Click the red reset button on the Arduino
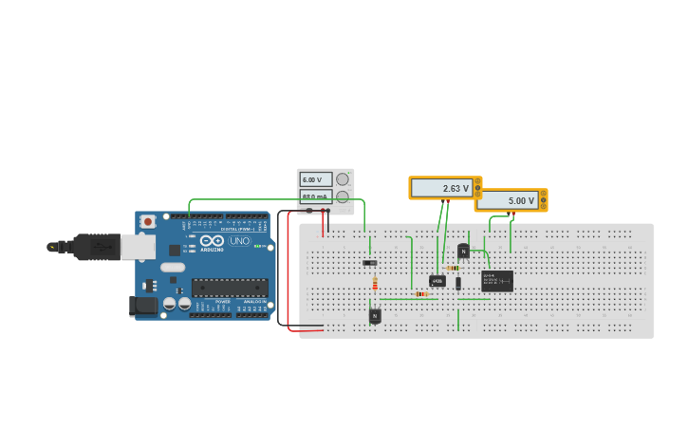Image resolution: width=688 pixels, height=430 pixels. [147, 221]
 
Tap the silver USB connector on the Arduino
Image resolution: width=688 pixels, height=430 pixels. [137, 247]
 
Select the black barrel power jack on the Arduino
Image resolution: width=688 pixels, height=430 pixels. [143, 306]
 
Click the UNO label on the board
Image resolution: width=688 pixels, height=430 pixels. [240, 241]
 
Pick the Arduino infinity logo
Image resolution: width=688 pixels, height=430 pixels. [212, 242]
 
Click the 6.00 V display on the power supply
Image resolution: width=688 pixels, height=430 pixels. [316, 179]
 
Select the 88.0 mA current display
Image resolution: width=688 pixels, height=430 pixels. [316, 196]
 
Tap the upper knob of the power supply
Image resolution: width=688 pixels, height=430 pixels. [343, 179]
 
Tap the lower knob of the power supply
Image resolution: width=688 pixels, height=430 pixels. [343, 196]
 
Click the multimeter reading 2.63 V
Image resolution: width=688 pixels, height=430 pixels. [444, 188]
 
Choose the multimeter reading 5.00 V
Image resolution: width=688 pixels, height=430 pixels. [510, 200]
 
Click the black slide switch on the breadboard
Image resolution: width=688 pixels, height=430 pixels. [369, 262]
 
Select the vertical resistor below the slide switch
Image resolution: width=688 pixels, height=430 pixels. [375, 283]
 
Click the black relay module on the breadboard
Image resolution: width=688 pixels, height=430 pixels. [496, 280]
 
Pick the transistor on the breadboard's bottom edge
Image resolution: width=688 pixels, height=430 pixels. [375, 316]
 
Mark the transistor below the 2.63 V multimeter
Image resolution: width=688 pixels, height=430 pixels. [463, 251]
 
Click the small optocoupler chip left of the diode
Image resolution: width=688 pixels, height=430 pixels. [437, 281]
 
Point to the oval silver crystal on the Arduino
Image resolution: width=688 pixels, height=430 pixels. [173, 267]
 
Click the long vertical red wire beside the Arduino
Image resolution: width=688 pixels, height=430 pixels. [288, 271]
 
